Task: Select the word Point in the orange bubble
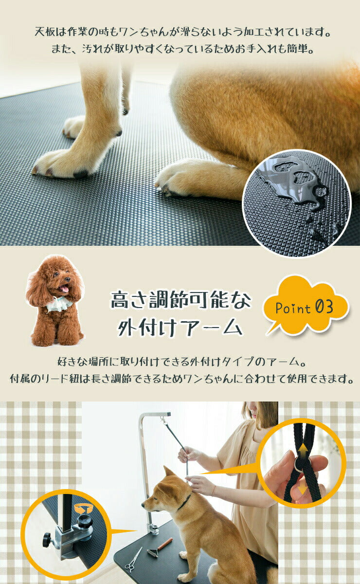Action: [293, 309]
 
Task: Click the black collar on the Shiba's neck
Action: [184, 501]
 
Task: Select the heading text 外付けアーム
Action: [180, 328]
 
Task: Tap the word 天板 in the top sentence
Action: [44, 33]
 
